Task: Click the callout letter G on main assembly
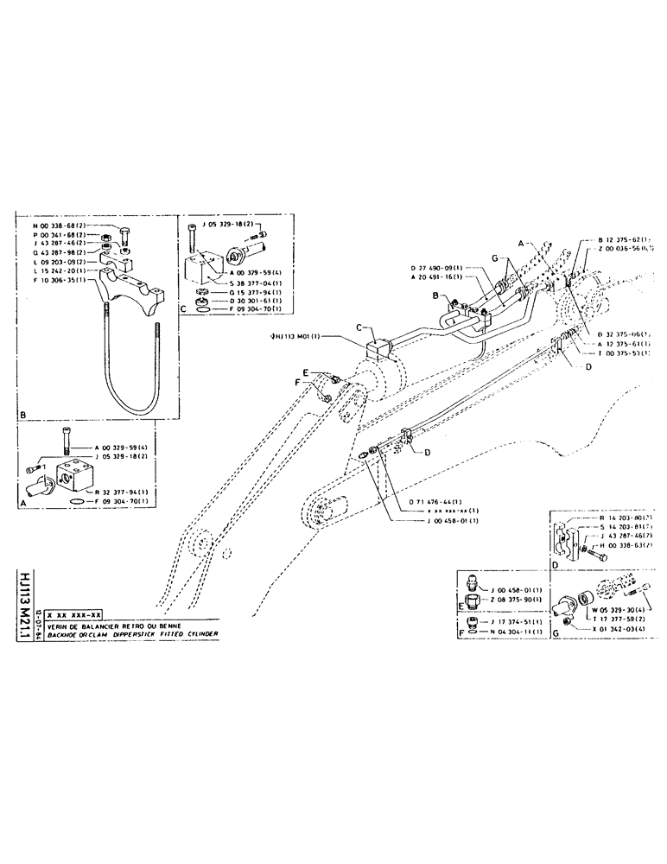click(x=493, y=259)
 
